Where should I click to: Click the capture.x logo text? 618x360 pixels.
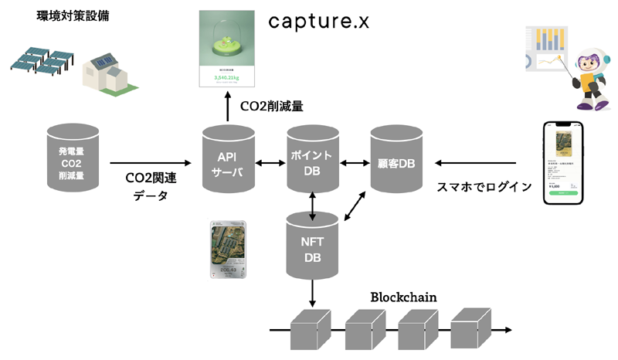[x=319, y=22]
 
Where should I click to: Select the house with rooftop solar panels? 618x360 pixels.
[x=107, y=73]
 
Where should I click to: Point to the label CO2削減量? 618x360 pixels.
[x=280, y=106]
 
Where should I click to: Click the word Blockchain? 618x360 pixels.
[x=402, y=297]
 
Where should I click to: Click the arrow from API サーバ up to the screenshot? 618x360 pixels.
[x=228, y=107]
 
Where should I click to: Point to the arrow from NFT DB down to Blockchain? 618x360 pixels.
[x=313, y=294]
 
